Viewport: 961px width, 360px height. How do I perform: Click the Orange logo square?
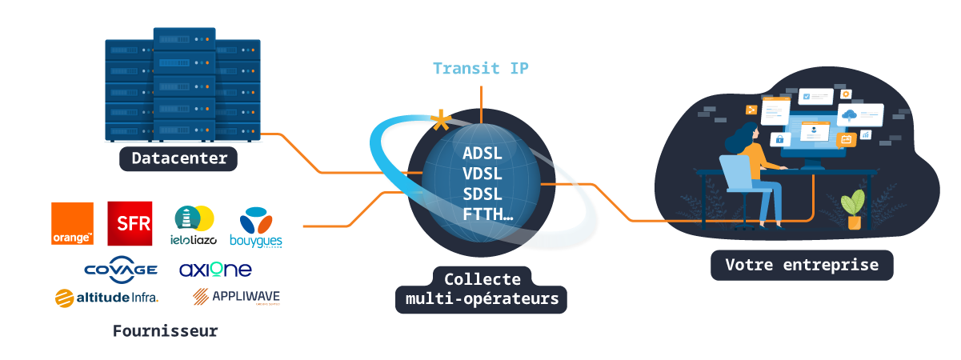pyautogui.click(x=72, y=224)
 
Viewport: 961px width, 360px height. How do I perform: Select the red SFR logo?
pyautogui.click(x=130, y=224)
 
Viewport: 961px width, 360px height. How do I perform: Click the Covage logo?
pyautogui.click(x=120, y=270)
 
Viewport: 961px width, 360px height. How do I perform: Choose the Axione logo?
pyautogui.click(x=215, y=270)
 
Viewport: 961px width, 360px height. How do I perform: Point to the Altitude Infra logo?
pyautogui.click(x=107, y=298)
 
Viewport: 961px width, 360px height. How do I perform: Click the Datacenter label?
pyautogui.click(x=179, y=158)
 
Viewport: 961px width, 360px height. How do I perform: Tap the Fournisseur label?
pyautogui.click(x=165, y=330)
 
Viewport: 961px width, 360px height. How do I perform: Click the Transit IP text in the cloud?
pyautogui.click(x=480, y=68)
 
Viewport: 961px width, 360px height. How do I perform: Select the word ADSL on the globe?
pyautogui.click(x=483, y=153)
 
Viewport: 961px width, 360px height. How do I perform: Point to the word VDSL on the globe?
pyautogui.click(x=483, y=174)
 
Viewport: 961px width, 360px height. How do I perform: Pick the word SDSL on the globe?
pyautogui.click(x=483, y=194)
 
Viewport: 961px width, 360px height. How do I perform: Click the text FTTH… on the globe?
pyautogui.click(x=487, y=214)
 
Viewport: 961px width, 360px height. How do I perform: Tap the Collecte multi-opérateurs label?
pyautogui.click(x=482, y=290)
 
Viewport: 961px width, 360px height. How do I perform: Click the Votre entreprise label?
pyautogui.click(x=802, y=265)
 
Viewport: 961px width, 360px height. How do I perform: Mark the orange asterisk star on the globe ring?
pyautogui.click(x=440, y=122)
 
